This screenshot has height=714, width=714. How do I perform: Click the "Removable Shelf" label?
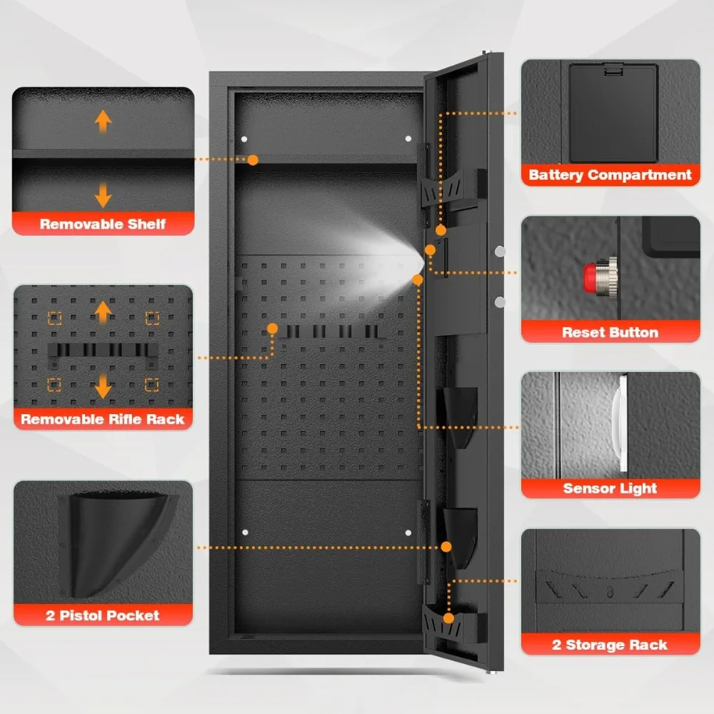[x=103, y=224]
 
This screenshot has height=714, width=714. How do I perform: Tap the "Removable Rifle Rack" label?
[x=103, y=419]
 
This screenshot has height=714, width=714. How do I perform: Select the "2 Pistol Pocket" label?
[x=103, y=615]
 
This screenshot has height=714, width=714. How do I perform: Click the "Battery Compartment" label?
[x=610, y=175]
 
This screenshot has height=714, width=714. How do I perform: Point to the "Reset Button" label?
[x=610, y=332]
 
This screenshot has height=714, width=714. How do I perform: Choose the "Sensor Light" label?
[x=610, y=488]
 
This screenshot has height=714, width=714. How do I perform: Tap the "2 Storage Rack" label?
[x=610, y=645]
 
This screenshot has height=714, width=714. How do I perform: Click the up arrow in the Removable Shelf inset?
[x=104, y=121]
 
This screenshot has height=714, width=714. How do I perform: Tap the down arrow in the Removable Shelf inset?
[x=104, y=193]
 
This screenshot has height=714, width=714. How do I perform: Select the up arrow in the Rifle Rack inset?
[x=104, y=312]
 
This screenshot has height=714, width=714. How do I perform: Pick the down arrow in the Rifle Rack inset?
[x=104, y=386]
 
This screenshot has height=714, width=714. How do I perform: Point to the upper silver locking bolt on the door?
[x=499, y=251]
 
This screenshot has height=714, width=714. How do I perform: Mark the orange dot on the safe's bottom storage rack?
[x=448, y=618]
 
